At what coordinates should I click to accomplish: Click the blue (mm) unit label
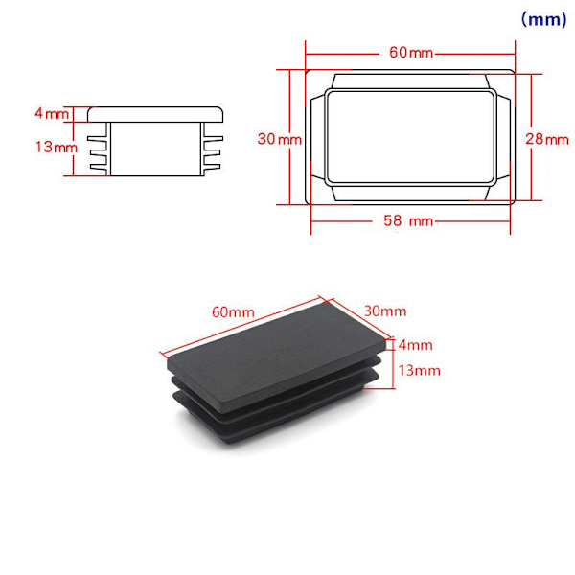(x=543, y=19)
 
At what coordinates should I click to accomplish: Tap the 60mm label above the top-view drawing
(x=411, y=53)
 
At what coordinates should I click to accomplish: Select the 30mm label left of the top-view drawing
(x=280, y=139)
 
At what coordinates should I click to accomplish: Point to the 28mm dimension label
(x=547, y=139)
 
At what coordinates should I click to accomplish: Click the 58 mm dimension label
(x=408, y=220)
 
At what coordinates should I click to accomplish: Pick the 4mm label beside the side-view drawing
(x=52, y=113)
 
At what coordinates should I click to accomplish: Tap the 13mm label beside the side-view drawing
(x=57, y=147)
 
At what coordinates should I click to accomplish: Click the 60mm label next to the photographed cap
(x=233, y=312)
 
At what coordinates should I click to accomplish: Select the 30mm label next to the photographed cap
(x=385, y=310)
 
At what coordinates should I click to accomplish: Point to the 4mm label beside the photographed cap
(x=416, y=345)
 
